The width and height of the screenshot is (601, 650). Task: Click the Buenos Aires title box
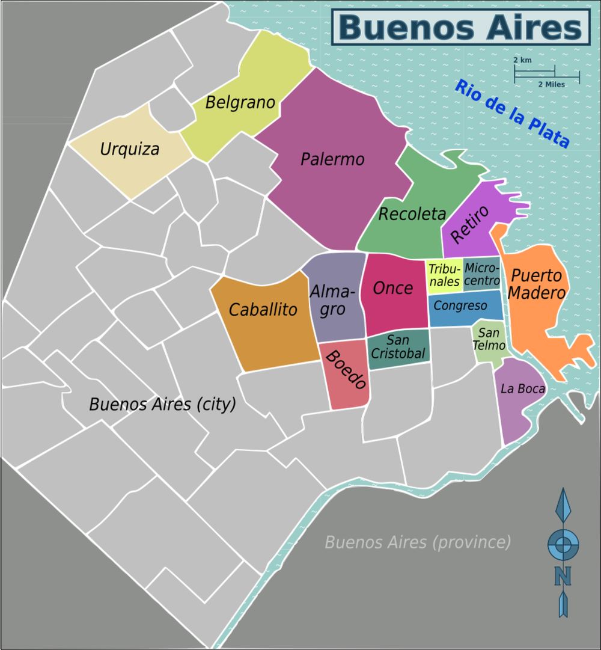(x=461, y=28)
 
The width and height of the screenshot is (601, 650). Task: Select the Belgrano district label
(x=240, y=103)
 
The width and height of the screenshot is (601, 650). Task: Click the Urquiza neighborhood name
(x=130, y=149)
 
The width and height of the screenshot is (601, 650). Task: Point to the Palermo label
(x=332, y=159)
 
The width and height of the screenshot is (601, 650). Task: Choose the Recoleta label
(x=412, y=213)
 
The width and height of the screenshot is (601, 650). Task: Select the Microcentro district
(x=482, y=274)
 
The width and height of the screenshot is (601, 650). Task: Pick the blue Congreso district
(x=460, y=306)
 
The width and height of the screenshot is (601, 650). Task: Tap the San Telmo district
(x=489, y=339)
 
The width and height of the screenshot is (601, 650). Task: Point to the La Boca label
(x=522, y=389)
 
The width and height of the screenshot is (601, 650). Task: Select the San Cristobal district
(x=398, y=348)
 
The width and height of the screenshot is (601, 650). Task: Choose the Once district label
(x=393, y=288)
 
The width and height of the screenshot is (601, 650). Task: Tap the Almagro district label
(x=332, y=301)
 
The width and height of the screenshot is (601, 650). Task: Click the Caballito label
(x=263, y=310)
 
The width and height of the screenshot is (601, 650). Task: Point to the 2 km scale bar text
(x=522, y=61)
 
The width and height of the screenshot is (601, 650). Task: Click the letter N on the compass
(x=563, y=576)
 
